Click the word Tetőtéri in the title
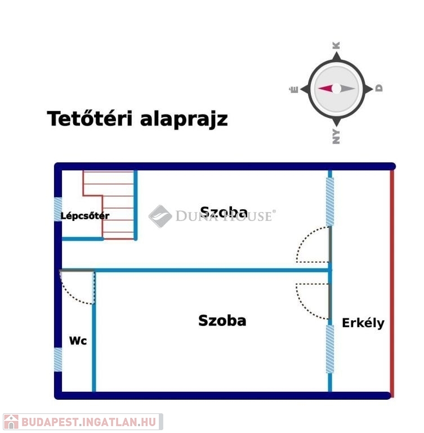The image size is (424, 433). (x=90, y=118)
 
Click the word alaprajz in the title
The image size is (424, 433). (x=184, y=120)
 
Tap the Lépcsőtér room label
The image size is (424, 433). (x=84, y=216)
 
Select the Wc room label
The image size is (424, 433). (x=78, y=341)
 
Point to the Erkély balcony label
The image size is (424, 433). (x=363, y=323)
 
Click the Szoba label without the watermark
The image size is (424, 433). (x=222, y=321)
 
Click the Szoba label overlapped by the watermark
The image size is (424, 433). (x=224, y=212)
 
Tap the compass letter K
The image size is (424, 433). (x=336, y=46)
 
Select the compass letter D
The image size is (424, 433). (x=379, y=88)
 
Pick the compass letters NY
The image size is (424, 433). (x=336, y=136)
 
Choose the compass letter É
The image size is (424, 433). (x=294, y=90)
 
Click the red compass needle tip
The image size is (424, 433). (x=319, y=89)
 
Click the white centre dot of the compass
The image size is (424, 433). (x=336, y=89)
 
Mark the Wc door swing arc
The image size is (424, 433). (x=72, y=297)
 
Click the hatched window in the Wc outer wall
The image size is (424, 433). (x=58, y=360)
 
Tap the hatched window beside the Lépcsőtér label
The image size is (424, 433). (x=58, y=209)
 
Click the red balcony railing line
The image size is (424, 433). (x=392, y=284)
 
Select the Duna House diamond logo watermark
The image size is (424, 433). (x=160, y=216)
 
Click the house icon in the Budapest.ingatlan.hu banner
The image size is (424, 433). (x=11, y=422)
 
